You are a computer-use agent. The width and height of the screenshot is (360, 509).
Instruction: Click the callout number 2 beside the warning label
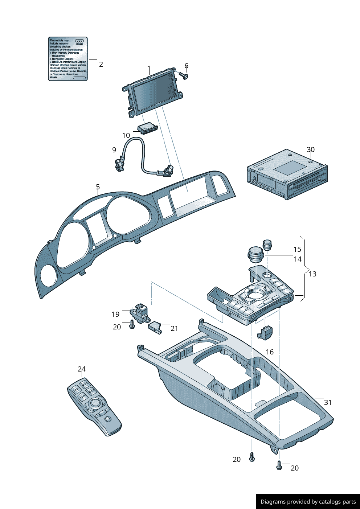click(101, 64)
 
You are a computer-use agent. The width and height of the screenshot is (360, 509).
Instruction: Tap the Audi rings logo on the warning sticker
click(79, 41)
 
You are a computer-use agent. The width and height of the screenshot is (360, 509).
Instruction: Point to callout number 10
click(126, 135)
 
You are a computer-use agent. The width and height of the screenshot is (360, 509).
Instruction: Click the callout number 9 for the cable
click(114, 150)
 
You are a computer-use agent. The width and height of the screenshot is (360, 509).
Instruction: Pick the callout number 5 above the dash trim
click(98, 187)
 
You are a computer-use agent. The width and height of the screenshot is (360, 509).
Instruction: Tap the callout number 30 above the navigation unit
click(311, 149)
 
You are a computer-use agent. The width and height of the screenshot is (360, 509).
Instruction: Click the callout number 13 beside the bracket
click(312, 274)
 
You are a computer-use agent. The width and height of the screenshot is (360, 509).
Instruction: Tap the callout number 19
click(115, 314)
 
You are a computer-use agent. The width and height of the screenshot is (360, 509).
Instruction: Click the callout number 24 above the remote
click(82, 369)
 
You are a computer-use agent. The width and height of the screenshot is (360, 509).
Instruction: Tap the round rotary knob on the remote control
click(96, 403)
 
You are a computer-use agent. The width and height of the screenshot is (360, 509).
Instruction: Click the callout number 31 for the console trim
click(328, 402)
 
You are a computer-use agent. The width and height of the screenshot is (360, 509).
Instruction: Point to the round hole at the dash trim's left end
click(48, 275)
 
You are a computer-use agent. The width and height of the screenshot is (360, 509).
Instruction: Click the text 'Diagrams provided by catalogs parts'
click(308, 502)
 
